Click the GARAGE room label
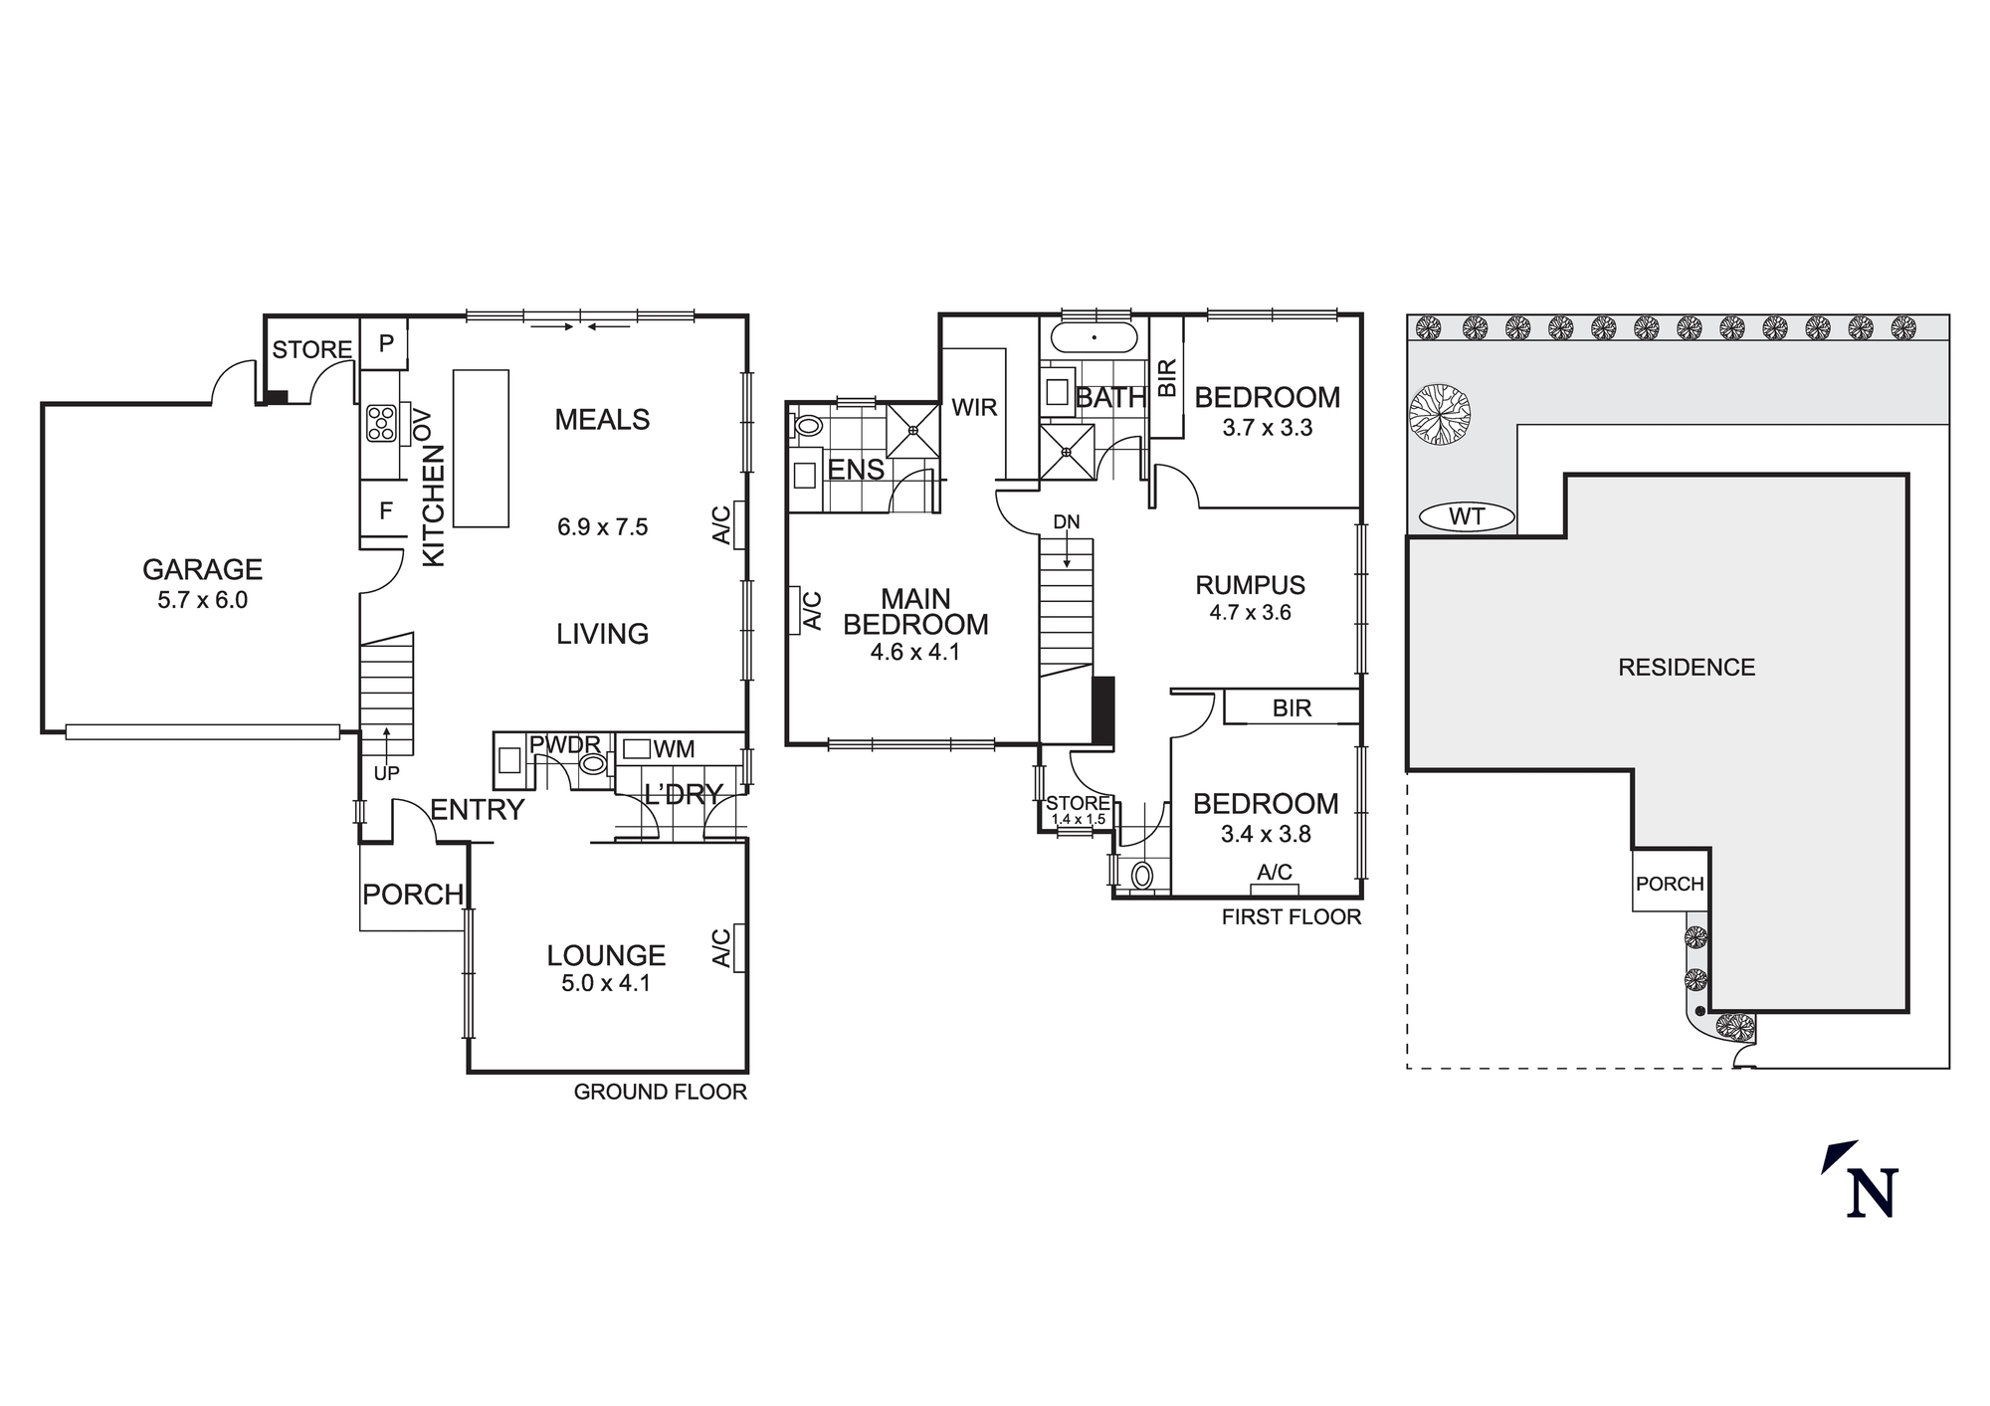pos(202,569)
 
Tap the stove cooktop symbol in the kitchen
pos(381,423)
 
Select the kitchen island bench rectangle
pos(481,448)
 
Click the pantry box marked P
pos(386,343)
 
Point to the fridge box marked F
pos(386,511)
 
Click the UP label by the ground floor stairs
pos(386,773)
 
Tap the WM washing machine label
pos(674,749)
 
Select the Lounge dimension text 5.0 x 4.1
pos(605,983)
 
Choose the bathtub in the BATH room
pos(1094,338)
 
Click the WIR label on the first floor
pos(973,407)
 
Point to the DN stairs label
pos(1066,522)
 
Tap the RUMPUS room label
pos(1250,585)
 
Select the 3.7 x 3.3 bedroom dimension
pos(1267,428)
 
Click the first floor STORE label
pos(1078,803)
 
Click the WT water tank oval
pos(1467,517)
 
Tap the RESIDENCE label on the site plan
pos(1687,668)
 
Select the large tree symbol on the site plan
pos(1440,413)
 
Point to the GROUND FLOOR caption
pos(660,1092)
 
